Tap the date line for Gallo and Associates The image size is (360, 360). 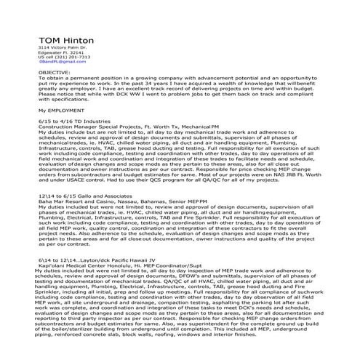pyautogui.click(x=82, y=196)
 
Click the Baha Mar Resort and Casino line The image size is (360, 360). pyautogui.click(x=116, y=201)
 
